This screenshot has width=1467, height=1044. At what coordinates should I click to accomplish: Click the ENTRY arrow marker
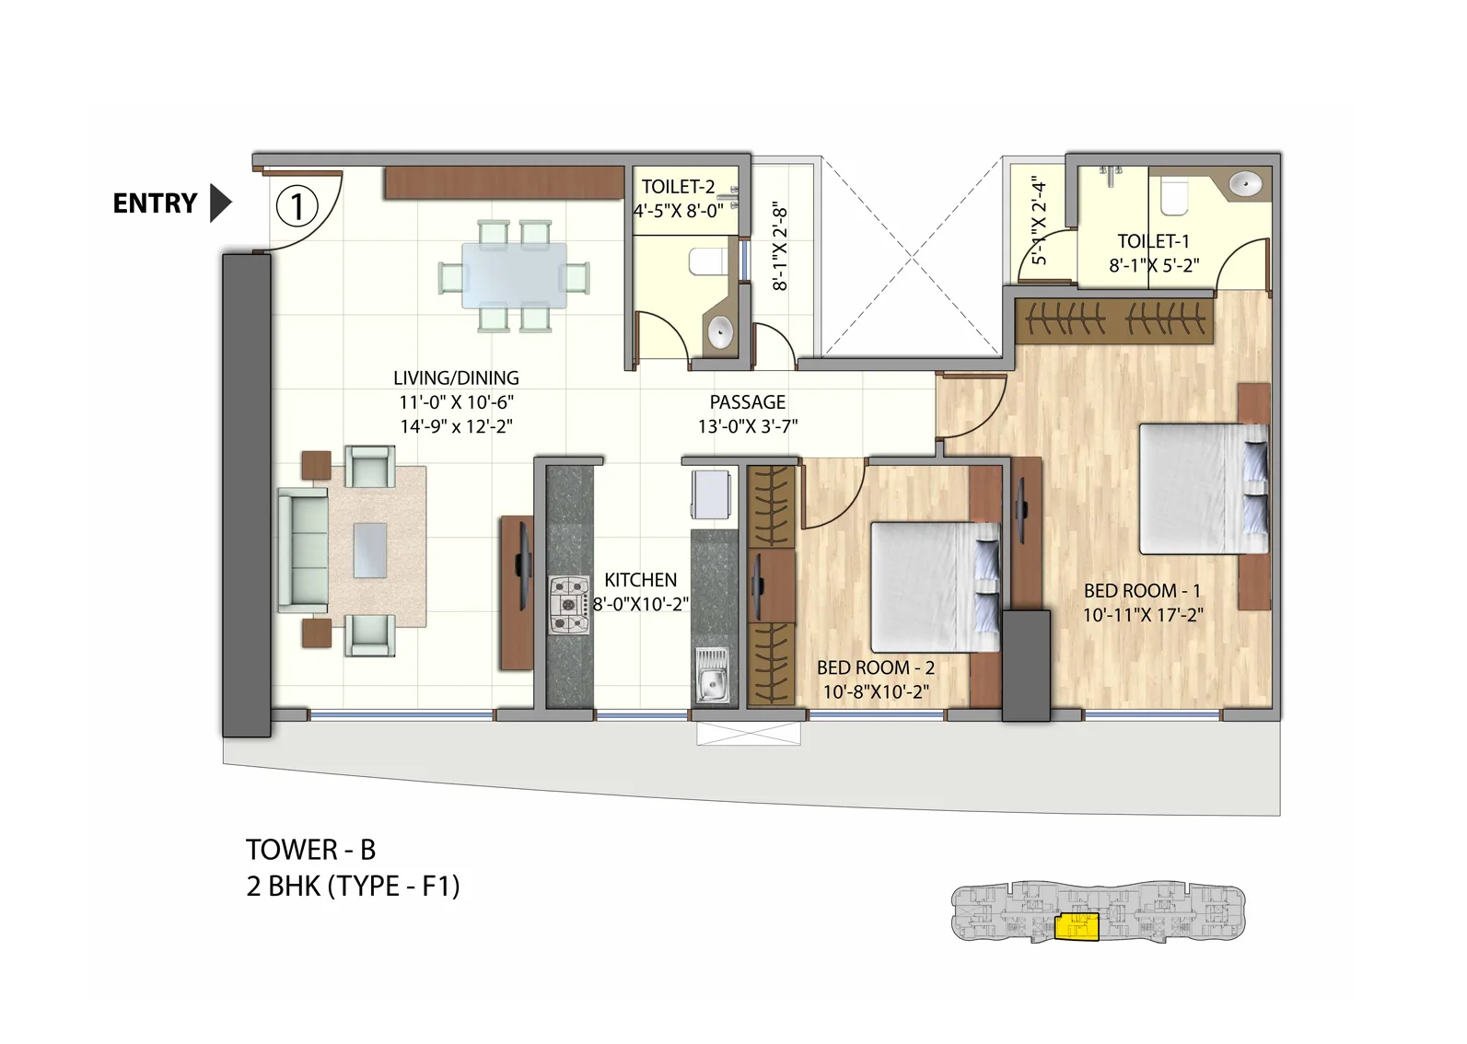click(x=220, y=203)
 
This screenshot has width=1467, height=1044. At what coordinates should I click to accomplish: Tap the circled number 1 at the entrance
click(x=297, y=206)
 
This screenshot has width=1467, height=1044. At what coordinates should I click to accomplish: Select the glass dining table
click(x=514, y=275)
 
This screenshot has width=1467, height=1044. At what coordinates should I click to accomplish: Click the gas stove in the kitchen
click(x=569, y=605)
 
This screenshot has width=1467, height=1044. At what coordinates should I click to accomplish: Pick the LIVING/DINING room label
click(x=456, y=377)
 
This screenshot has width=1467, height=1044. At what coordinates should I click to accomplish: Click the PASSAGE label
click(x=747, y=402)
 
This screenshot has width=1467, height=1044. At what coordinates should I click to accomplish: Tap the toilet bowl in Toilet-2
click(x=706, y=262)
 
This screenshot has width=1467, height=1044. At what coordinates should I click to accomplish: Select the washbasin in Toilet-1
click(x=1246, y=183)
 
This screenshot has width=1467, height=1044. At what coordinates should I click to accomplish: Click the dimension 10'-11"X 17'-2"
click(x=1142, y=615)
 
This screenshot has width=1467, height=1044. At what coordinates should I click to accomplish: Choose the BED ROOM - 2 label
click(x=875, y=667)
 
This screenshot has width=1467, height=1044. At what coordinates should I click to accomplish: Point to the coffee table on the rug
click(x=370, y=550)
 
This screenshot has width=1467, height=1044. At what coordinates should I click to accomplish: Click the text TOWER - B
click(x=310, y=849)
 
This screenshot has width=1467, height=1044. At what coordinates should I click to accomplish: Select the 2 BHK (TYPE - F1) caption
click(x=353, y=886)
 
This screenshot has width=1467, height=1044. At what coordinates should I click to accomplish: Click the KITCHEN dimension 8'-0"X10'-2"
click(x=641, y=605)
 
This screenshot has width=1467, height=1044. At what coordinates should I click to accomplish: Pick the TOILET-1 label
click(x=1153, y=241)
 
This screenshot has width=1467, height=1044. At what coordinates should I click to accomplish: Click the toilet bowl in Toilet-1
click(x=1175, y=195)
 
